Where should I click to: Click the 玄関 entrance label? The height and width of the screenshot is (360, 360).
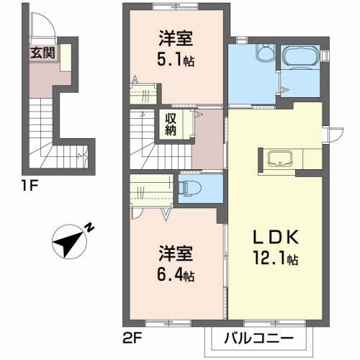pyautogui.click(x=42, y=53)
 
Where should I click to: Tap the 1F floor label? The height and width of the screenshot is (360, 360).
pyautogui.click(x=30, y=186)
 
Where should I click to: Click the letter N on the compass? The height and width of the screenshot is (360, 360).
pyautogui.click(x=90, y=228)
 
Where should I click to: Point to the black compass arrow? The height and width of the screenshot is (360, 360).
pyautogui.click(x=68, y=243)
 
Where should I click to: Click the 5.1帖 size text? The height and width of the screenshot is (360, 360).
pyautogui.click(x=176, y=60)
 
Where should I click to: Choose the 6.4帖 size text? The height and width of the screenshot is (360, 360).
pyautogui.click(x=176, y=275)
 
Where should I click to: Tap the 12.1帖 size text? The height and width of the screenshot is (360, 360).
pyautogui.click(x=276, y=258)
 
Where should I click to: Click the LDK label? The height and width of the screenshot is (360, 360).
pyautogui.click(x=276, y=237)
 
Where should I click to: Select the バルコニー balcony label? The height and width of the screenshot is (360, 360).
pyautogui.click(x=259, y=339)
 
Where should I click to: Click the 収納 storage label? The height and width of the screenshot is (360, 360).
pyautogui.click(x=171, y=125)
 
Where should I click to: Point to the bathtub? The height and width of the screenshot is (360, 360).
pyautogui.click(x=301, y=57)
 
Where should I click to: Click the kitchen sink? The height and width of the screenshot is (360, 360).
pyautogui.click(x=280, y=158)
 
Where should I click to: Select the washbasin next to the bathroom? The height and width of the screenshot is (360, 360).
pyautogui.click(x=266, y=52)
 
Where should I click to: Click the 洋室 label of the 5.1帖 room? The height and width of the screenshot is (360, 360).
pyautogui.click(x=176, y=39)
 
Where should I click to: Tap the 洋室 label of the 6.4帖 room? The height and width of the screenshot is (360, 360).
pyautogui.click(x=176, y=254)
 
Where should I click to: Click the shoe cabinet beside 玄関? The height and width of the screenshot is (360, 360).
pyautogui.click(x=66, y=58)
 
